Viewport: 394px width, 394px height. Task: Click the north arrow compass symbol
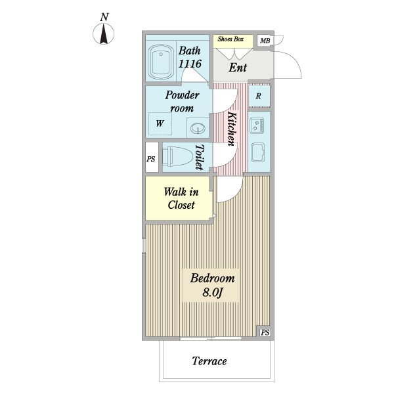104,33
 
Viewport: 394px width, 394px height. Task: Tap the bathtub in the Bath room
161,62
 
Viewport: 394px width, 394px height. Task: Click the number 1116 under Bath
190,64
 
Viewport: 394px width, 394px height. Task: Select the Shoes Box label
230,39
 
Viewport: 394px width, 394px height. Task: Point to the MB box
265,41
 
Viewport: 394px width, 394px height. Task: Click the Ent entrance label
238,68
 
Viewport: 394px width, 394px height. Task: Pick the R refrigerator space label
258,96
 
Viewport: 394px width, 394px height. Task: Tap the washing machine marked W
160,123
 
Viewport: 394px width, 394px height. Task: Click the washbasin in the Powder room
198,128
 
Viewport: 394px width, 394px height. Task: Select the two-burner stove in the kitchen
257,125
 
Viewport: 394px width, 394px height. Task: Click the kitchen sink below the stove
258,153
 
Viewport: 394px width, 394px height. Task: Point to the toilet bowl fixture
177,156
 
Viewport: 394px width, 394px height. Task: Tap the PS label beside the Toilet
151,159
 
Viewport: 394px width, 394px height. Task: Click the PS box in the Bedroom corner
265,332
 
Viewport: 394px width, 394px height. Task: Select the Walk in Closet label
181,198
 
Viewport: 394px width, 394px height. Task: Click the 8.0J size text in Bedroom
213,292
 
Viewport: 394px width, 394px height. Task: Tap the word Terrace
209,361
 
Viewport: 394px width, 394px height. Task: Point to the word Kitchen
232,129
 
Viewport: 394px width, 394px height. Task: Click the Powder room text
182,102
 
